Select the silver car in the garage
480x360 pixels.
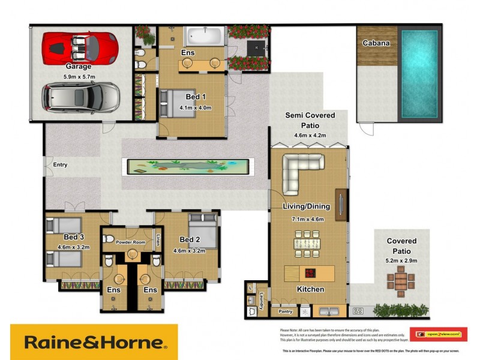coord(81,97)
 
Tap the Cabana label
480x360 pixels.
coord(376,43)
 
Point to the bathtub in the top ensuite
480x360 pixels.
coord(203,37)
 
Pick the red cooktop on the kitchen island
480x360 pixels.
coord(311,273)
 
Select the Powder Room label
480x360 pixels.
coord(131,242)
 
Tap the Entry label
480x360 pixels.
coord(60,164)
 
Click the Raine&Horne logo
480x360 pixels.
coord(94,343)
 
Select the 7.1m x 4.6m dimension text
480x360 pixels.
coord(308,219)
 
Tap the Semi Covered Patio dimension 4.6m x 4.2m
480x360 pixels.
coord(310,136)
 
